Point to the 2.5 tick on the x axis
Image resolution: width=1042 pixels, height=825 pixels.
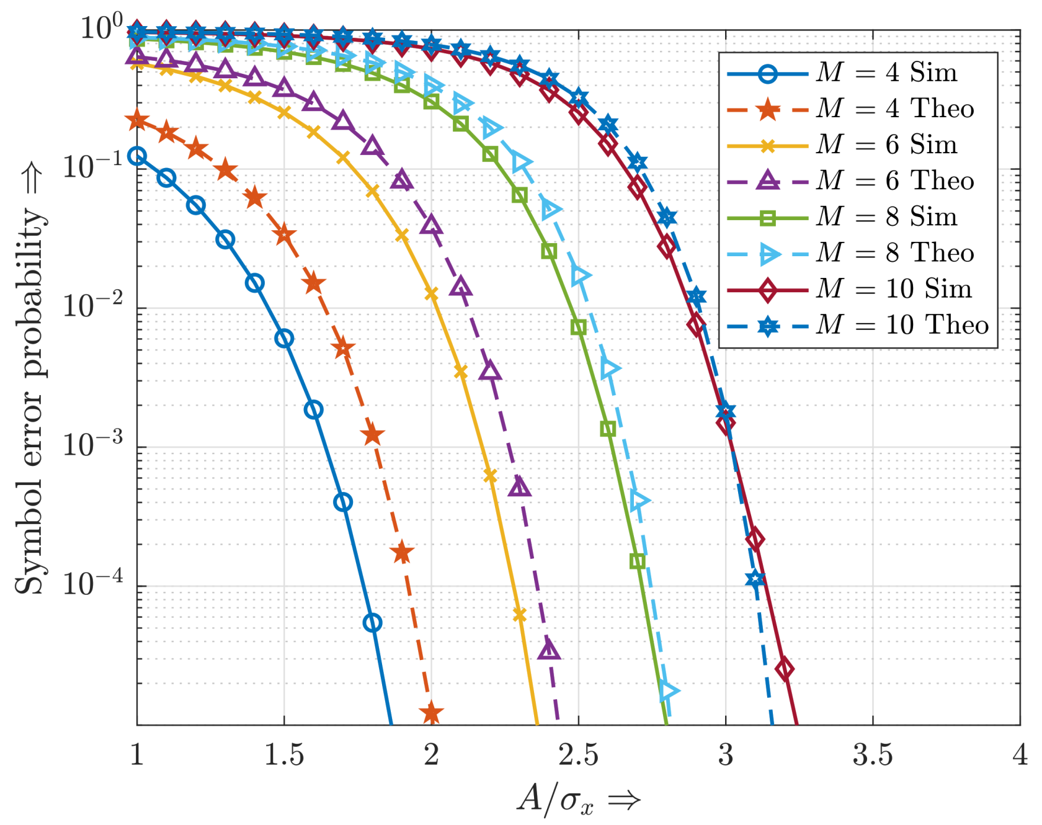pyautogui.click(x=578, y=755)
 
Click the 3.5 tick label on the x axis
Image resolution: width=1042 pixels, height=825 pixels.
pyautogui.click(x=873, y=755)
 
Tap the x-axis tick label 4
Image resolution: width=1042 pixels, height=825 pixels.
pyautogui.click(x=1020, y=755)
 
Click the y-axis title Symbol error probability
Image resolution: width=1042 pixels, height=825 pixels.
pyautogui.click(x=30, y=400)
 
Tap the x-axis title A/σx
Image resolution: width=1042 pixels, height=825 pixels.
pyautogui.click(x=578, y=799)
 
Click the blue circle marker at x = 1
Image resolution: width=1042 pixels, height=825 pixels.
pyautogui.click(x=137, y=156)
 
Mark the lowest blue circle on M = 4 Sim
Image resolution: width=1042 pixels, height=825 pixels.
pyautogui.click(x=372, y=623)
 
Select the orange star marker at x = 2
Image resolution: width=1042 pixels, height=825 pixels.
pyautogui.click(x=432, y=714)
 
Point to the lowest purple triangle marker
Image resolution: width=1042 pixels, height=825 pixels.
pyautogui.click(x=549, y=650)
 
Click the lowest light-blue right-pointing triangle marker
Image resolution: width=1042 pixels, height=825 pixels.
pyautogui.click(x=669, y=690)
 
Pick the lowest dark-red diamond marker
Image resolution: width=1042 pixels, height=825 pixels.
pyautogui.click(x=785, y=669)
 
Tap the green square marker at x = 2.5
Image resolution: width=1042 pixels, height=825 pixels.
pyautogui.click(x=578, y=327)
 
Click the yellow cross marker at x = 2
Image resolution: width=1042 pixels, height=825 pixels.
pyautogui.click(x=432, y=295)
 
